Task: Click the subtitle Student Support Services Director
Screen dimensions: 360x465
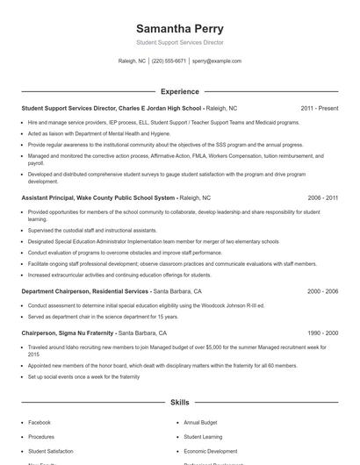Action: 179,42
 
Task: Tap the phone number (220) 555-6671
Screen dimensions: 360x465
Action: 169,61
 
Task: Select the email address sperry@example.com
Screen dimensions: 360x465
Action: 216,61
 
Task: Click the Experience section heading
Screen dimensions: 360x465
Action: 179,90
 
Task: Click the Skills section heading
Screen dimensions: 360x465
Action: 179,402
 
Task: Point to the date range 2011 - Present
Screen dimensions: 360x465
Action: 319,108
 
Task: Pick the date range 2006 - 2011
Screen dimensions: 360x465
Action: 322,198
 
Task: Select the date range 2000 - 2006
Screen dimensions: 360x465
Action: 322,290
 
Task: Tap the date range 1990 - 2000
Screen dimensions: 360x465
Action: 322,333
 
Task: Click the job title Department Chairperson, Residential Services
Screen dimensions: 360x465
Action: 84,290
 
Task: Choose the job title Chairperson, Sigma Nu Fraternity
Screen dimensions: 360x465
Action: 68,333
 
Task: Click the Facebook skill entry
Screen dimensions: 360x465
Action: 40,422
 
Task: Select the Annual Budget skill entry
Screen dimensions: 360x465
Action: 201,422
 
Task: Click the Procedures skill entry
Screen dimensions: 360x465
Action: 41,436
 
